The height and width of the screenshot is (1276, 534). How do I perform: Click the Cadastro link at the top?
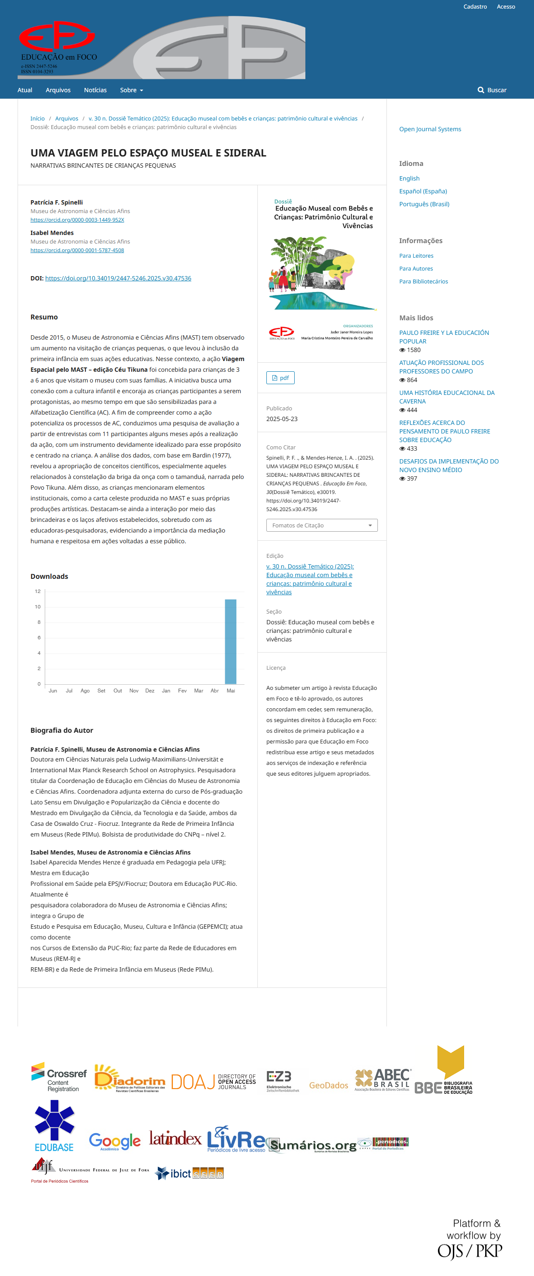tap(474, 6)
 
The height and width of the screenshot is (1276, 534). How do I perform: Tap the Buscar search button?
tap(492, 90)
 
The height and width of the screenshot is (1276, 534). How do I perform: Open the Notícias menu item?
tap(95, 90)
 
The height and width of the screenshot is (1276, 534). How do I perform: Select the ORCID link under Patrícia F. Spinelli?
tap(77, 220)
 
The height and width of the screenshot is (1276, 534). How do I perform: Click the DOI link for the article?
tap(118, 278)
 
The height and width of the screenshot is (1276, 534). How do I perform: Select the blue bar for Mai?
tap(230, 641)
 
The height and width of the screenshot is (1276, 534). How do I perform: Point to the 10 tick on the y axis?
tap(38, 607)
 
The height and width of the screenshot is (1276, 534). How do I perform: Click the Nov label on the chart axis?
tap(134, 690)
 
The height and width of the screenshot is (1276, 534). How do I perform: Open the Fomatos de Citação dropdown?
tap(322, 525)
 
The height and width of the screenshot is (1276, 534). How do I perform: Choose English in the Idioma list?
tap(409, 178)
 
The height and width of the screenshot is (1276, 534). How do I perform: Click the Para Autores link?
tap(416, 268)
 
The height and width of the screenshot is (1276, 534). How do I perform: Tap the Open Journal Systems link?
tap(430, 129)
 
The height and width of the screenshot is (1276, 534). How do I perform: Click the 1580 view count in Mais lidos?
tap(413, 350)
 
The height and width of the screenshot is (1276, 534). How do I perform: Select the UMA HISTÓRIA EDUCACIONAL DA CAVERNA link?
tap(447, 397)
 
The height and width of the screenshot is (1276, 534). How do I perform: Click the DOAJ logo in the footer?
tap(214, 1082)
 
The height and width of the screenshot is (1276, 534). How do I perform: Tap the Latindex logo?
tap(175, 1138)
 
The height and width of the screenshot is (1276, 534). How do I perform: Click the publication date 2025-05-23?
tap(282, 419)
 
